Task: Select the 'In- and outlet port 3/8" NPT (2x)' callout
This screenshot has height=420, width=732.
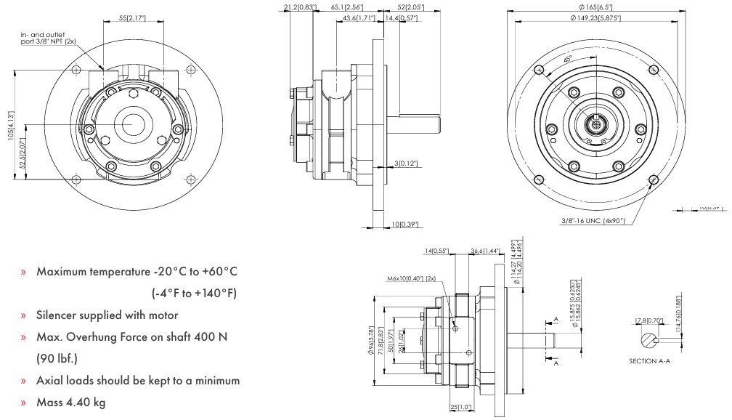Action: [49, 38]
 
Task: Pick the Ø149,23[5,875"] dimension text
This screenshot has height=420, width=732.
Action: [595, 17]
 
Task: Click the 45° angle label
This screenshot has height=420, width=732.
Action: [567, 58]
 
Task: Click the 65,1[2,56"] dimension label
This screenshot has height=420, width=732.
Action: [346, 7]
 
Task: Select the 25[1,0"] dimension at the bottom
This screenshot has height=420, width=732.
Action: [460, 407]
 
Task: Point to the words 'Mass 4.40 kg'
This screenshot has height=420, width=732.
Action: [70, 401]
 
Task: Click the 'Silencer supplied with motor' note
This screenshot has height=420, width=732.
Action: [107, 315]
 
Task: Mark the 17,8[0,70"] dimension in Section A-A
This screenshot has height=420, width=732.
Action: [647, 320]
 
